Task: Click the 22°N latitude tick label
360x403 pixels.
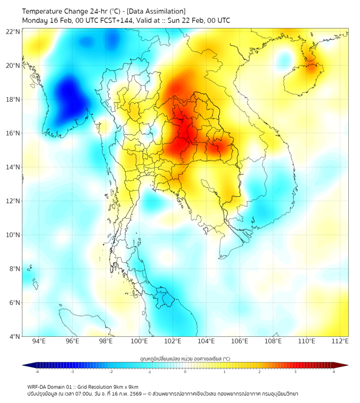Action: (x=13, y=31)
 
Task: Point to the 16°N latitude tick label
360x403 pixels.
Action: (x=13, y=133)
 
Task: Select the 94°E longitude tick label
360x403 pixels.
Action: (x=39, y=342)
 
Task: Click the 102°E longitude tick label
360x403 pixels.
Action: (x=173, y=342)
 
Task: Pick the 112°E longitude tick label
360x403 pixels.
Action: (x=340, y=342)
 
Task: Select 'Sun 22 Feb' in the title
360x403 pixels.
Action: (x=181, y=20)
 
